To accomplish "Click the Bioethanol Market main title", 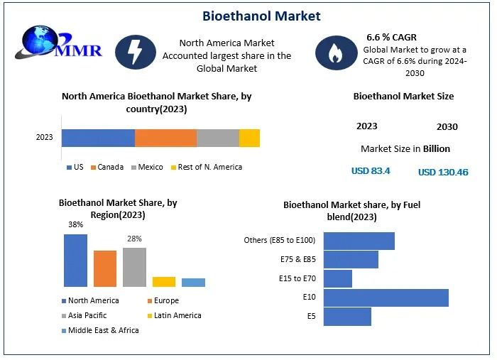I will pos(261,16).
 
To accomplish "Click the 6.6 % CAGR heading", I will pos(391,36).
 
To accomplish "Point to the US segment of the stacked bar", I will pos(98,138).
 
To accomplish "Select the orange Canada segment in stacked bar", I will pos(165,138).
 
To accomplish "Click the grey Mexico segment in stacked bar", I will pos(217,138).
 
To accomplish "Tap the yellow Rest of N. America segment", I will pos(249,138).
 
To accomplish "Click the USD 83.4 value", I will pos(371,171).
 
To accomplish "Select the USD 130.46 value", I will pos(443,172).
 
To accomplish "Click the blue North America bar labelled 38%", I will pos(75,260).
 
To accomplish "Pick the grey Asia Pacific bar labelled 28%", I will pos(134,266).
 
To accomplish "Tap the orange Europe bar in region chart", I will pos(104,268).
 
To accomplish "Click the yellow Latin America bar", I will pos(163,281).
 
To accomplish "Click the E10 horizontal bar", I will pos(386,298).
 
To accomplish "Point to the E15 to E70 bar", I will pos(337,278).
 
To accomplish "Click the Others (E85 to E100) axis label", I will pos(279,240).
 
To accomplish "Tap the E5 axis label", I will pos(311,316).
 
